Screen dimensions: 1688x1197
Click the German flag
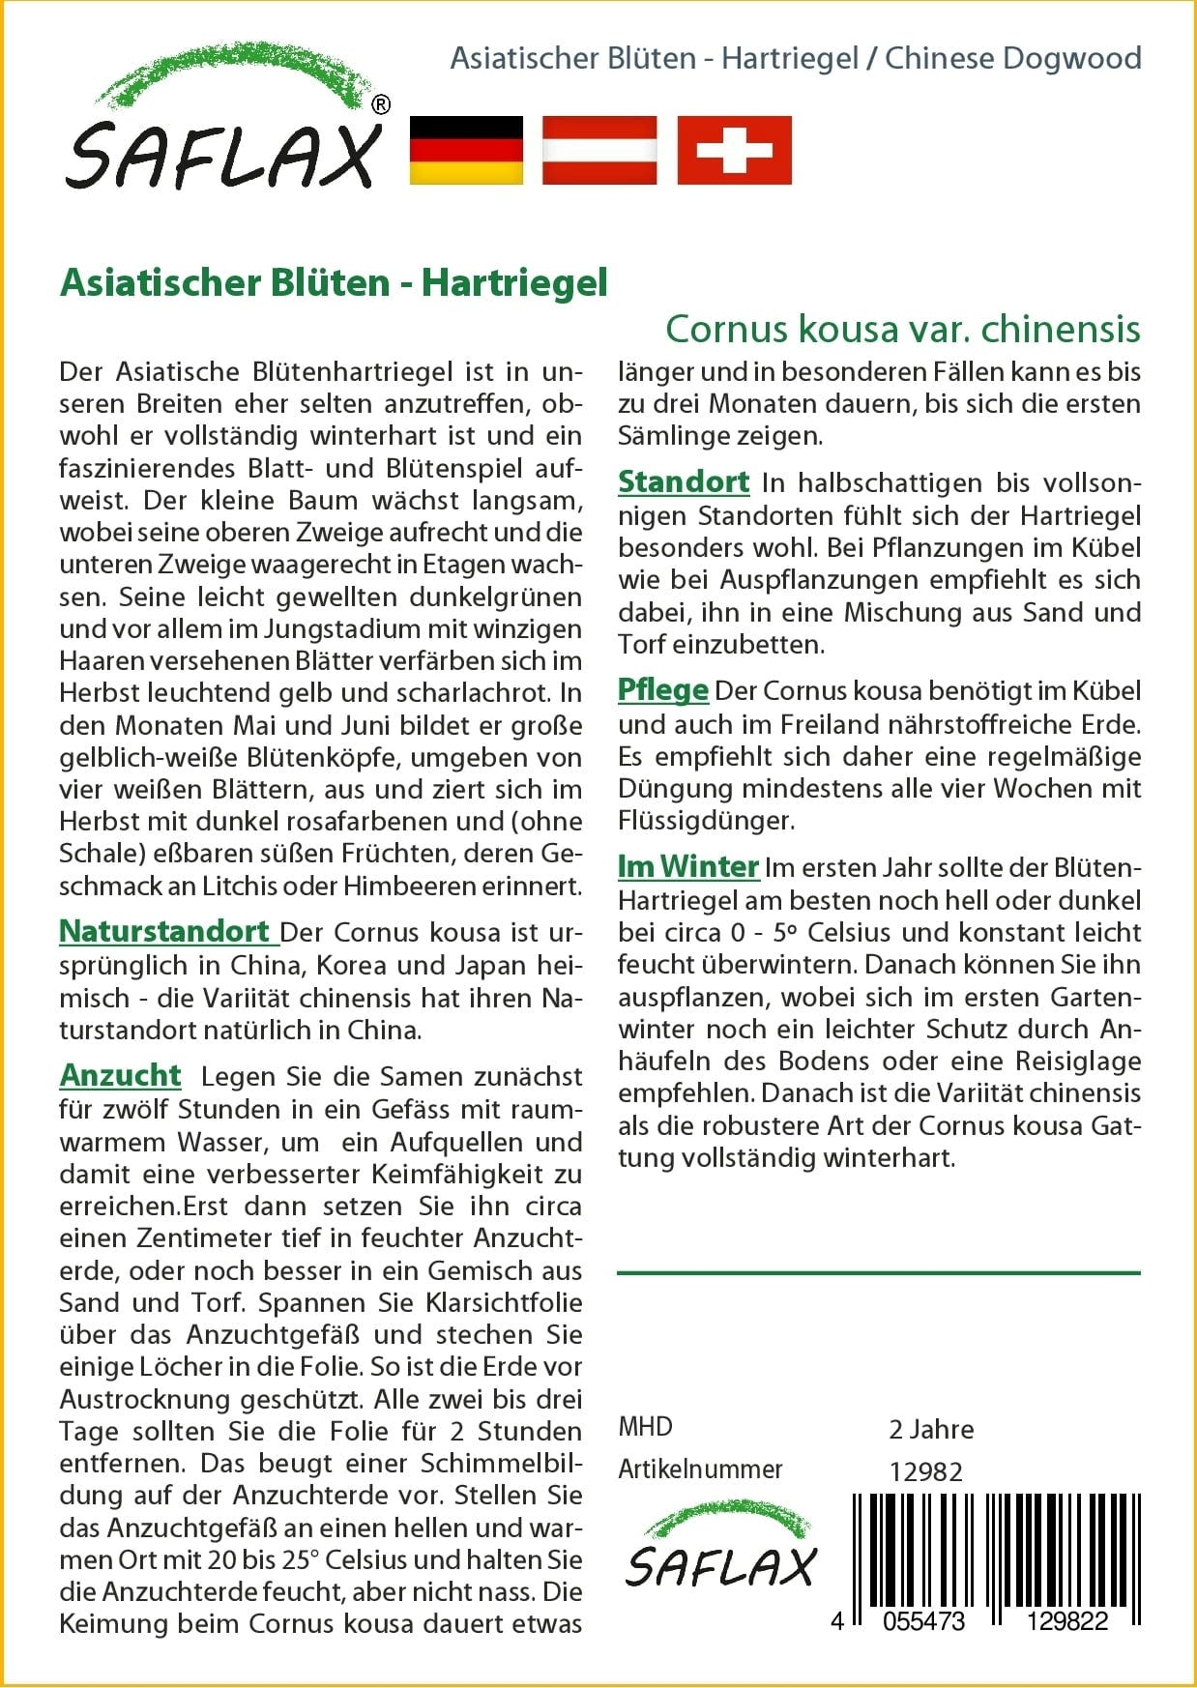(466, 150)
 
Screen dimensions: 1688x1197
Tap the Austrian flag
(599, 150)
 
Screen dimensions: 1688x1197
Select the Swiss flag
(734, 150)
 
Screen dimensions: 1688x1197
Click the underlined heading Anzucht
(121, 1075)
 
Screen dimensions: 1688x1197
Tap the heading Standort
(684, 481)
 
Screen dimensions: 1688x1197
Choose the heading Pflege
(663, 690)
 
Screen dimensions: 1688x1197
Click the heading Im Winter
(688, 866)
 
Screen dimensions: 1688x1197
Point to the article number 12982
(925, 1471)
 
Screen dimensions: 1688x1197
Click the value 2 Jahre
(931, 1429)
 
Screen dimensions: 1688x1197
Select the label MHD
(645, 1427)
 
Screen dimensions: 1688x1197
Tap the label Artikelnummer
(700, 1470)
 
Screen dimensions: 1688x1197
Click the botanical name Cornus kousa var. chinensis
(902, 330)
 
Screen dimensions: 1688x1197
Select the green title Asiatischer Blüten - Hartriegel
(334, 282)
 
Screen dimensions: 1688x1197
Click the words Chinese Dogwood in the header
(1012, 58)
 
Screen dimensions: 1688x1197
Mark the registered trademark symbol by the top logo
(381, 104)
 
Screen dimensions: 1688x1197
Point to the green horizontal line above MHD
(878, 1272)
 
